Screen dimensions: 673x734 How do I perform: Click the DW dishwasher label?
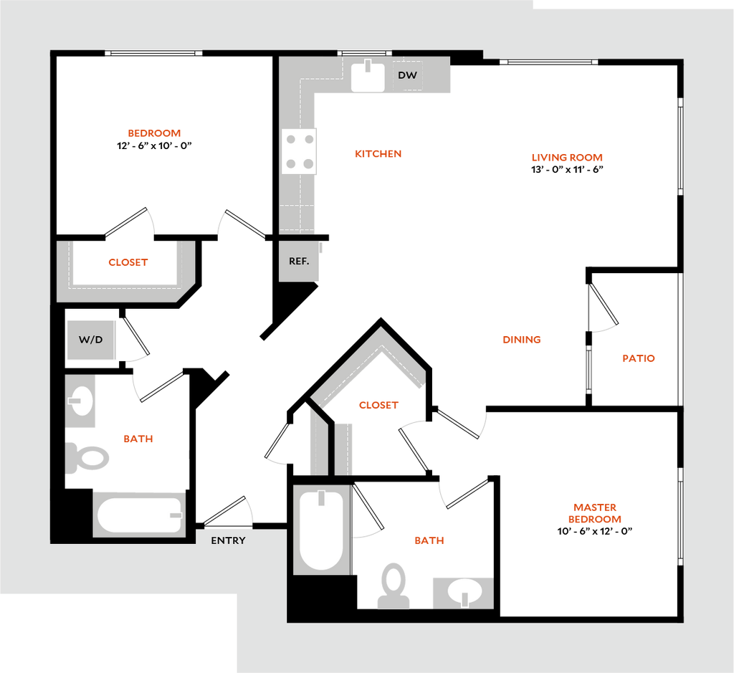[x=407, y=75]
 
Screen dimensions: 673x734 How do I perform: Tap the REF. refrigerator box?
[x=299, y=261]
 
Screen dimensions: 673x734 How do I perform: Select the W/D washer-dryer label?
[x=91, y=339]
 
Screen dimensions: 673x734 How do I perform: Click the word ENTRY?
[x=228, y=540]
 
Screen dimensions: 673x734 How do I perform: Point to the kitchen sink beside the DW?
[x=368, y=76]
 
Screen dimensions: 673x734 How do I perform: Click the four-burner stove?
[x=300, y=151]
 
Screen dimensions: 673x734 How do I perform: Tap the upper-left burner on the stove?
[x=290, y=138]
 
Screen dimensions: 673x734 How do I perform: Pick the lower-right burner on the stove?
[x=308, y=164]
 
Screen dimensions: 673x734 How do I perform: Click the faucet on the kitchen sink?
[x=368, y=67]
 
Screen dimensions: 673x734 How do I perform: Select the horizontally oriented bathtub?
[x=139, y=515]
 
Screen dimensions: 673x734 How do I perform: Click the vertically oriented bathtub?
[x=321, y=530]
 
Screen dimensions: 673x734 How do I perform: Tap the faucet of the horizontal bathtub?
[x=174, y=515]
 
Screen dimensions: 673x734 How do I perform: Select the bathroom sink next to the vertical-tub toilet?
[x=462, y=592]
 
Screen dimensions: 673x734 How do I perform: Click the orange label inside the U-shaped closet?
[x=128, y=263]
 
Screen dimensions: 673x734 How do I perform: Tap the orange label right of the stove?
[x=378, y=153]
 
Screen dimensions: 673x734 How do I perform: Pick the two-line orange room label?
[x=594, y=513]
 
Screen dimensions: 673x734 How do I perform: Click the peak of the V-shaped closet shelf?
[x=380, y=335]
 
